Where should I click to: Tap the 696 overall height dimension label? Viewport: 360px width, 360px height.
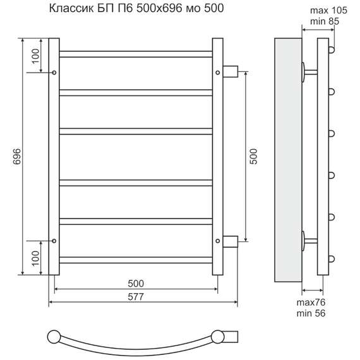[x=17, y=157]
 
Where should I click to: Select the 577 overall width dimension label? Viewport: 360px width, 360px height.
[x=136, y=297]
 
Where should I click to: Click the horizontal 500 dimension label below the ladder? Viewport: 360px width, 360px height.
[x=136, y=284]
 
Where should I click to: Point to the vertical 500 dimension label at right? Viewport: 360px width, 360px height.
[x=253, y=157]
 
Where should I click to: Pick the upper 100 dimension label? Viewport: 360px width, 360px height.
[x=35, y=56]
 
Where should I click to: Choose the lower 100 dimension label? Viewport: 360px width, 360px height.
[x=35, y=258]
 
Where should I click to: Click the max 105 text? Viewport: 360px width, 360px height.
[x=328, y=10]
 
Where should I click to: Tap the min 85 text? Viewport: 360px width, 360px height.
[x=325, y=21]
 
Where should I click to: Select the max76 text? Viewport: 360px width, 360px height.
[x=311, y=303]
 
